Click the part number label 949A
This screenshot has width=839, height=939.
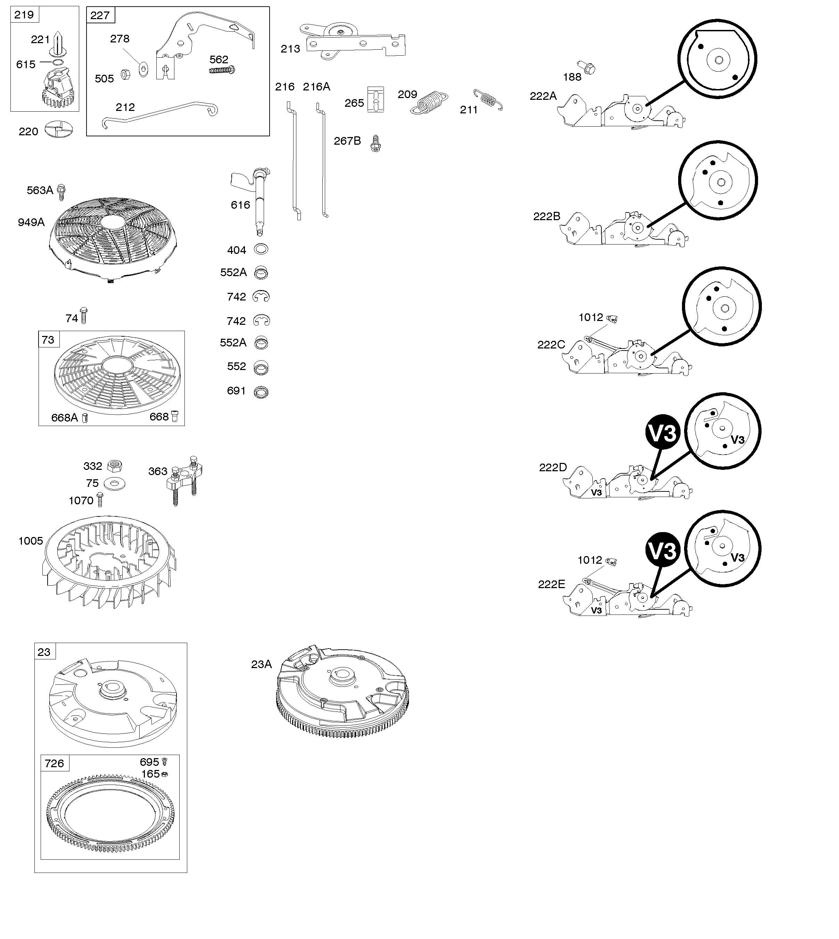pos(31,223)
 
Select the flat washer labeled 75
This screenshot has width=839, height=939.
pos(115,484)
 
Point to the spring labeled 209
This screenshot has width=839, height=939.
pos(429,103)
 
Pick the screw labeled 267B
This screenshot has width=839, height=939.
pos(376,144)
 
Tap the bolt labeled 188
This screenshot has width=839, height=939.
pos(585,67)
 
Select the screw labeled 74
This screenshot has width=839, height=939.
pos(83,316)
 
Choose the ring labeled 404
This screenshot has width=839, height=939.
pos(261,250)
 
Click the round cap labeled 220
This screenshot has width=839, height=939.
pos(59,130)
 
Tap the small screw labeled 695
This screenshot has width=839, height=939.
pos(165,762)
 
